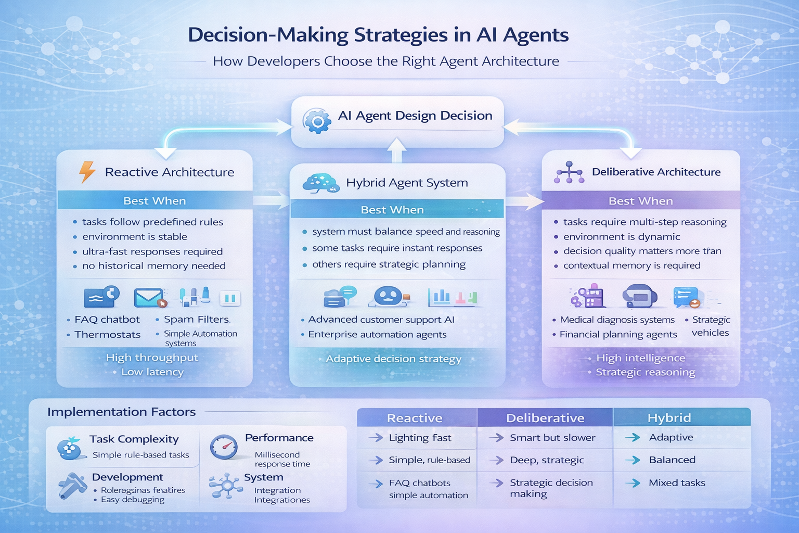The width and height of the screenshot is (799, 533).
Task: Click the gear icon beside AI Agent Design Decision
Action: click(x=317, y=121)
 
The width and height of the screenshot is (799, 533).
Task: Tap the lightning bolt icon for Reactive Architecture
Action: click(x=87, y=172)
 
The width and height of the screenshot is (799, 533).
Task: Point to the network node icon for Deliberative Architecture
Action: click(x=569, y=172)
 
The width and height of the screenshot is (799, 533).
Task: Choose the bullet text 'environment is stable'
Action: click(x=134, y=237)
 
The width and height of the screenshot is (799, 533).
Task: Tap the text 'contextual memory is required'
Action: click(x=632, y=265)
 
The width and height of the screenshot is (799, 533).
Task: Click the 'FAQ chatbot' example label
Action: click(x=107, y=320)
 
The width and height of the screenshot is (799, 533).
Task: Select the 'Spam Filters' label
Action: click(x=197, y=320)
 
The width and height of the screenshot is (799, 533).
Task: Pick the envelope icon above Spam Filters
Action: click(x=149, y=298)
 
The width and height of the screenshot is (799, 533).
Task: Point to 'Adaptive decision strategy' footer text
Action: click(x=393, y=359)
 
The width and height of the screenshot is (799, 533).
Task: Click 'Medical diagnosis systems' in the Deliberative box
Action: click(x=617, y=320)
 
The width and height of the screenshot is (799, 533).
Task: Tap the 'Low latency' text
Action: click(x=152, y=372)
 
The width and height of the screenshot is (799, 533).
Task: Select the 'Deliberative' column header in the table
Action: click(x=545, y=418)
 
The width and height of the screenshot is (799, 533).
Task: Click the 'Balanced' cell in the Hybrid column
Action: click(x=672, y=460)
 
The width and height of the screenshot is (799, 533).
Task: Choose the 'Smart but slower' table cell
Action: click(x=552, y=438)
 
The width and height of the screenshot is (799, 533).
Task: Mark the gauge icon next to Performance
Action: click(x=224, y=447)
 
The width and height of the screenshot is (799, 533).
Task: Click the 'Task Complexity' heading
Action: click(x=134, y=439)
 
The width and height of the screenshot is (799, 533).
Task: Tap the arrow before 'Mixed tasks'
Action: click(x=633, y=483)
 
